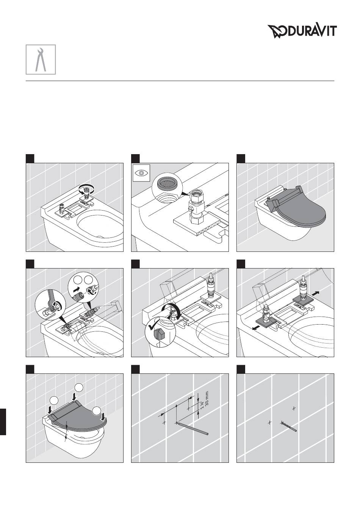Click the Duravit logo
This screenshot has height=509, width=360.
tap(302, 31)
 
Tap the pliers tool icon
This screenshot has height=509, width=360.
tap(41, 59)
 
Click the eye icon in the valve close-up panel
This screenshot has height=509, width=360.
tap(141, 173)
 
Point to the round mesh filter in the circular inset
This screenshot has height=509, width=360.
tap(166, 182)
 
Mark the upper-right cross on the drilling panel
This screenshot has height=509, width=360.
tap(294, 409)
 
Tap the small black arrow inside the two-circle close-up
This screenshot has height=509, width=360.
tap(76, 290)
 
